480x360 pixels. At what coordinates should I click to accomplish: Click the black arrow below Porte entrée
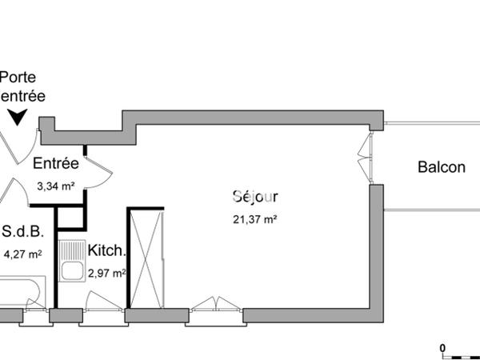tap(18, 118)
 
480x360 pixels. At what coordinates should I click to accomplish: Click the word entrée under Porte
tap(22, 95)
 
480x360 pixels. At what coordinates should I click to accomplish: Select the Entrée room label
tap(55, 164)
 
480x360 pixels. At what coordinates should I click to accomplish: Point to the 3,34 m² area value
tap(55, 187)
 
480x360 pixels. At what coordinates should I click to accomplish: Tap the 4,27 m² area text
tap(22, 255)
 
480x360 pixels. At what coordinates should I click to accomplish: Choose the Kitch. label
tap(106, 250)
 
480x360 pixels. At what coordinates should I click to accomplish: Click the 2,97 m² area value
tap(106, 274)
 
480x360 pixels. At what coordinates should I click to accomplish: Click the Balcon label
tap(441, 167)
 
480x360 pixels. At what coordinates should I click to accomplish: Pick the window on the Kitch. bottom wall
tap(102, 305)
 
